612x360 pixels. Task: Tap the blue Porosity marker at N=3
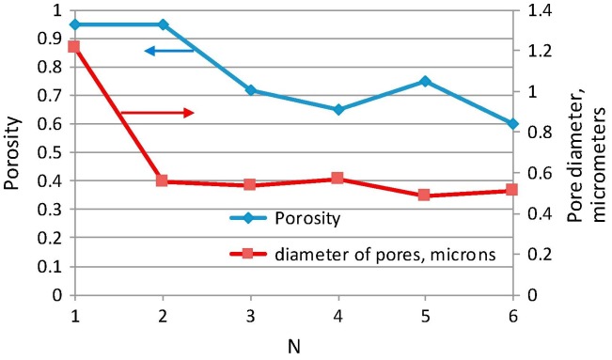pos(250,90)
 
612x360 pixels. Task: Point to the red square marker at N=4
pos(337,179)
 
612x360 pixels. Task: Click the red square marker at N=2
pos(162,180)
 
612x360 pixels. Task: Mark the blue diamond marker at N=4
pos(337,109)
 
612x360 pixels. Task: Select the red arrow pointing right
pos(157,113)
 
